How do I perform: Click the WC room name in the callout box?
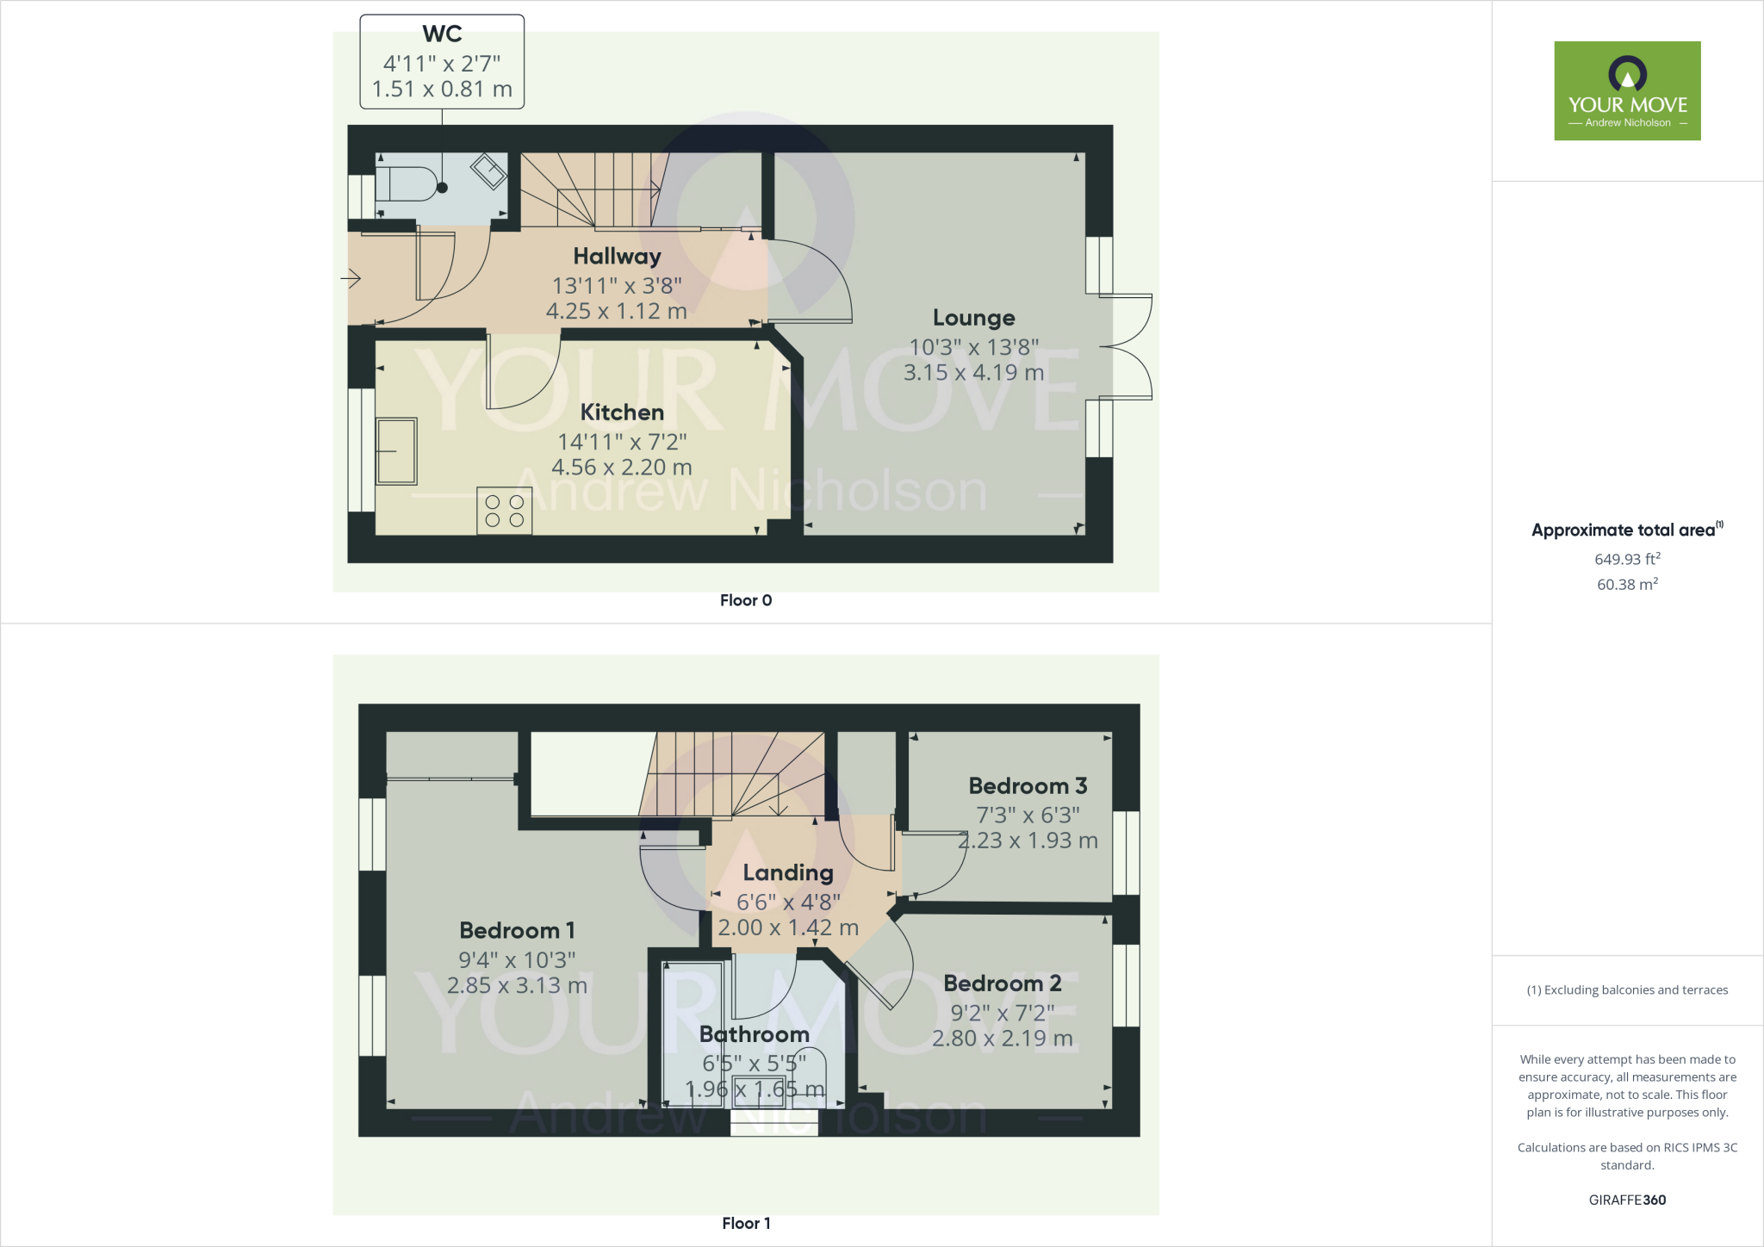click(x=442, y=34)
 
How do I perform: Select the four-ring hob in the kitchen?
click(x=505, y=511)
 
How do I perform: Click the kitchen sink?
click(x=396, y=451)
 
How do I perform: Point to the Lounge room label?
click(x=973, y=318)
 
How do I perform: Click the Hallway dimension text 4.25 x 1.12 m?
click(x=617, y=311)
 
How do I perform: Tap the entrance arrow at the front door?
click(x=351, y=278)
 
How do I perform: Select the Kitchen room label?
click(x=622, y=413)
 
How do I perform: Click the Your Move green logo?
click(x=1627, y=90)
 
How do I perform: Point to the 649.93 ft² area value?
click(x=1627, y=559)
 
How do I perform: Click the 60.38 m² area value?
click(x=1627, y=584)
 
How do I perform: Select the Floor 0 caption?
click(x=746, y=600)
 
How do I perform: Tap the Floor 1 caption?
click(x=746, y=1223)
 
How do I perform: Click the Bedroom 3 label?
click(x=1028, y=785)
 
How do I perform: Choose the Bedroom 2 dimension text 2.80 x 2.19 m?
click(x=1003, y=1039)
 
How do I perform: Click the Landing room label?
click(x=788, y=873)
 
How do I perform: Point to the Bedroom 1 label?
click(x=517, y=930)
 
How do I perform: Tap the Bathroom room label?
click(x=755, y=1034)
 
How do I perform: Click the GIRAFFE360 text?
click(x=1627, y=1200)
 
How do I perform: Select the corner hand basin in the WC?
click(x=488, y=171)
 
